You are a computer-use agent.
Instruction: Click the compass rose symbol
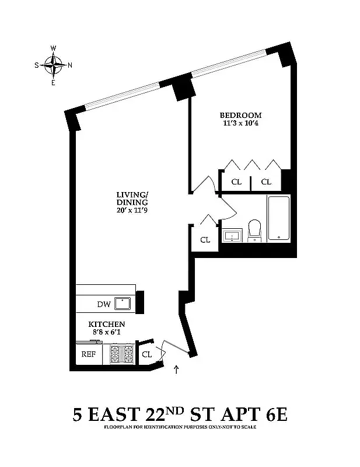click(x=54, y=65)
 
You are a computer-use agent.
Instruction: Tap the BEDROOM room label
click(x=240, y=115)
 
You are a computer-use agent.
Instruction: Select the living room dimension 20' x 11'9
click(x=132, y=211)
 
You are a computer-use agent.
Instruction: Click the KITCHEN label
click(x=106, y=324)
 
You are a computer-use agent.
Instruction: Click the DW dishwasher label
click(x=103, y=304)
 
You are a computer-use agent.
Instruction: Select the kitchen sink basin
click(x=123, y=303)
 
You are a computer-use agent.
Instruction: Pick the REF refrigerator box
click(x=88, y=354)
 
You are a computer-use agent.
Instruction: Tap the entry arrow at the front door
click(x=177, y=369)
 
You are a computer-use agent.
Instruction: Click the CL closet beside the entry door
click(x=147, y=354)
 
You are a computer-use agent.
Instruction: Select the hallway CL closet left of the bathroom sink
click(x=205, y=239)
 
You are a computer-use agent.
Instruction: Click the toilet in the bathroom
click(x=255, y=229)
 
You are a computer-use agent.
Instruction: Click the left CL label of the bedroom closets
click(x=236, y=182)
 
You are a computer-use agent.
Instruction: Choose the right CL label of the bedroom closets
click(x=266, y=182)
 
